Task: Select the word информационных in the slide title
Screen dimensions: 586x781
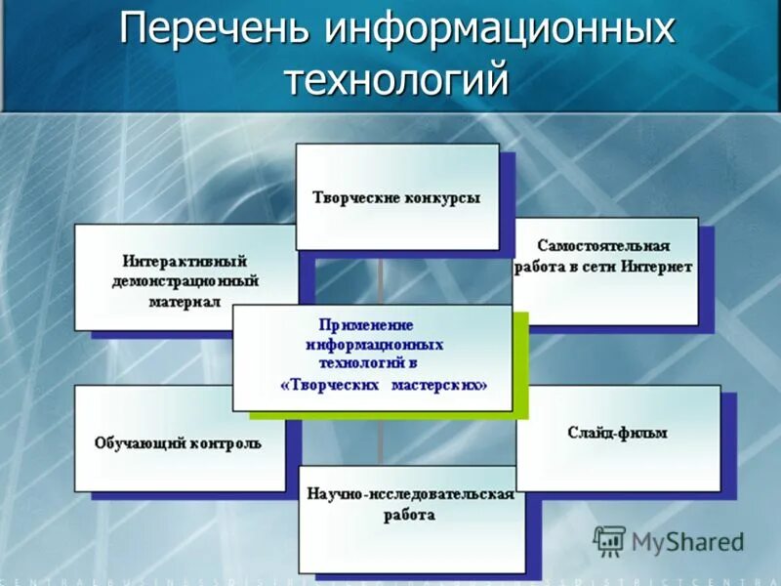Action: tap(499, 28)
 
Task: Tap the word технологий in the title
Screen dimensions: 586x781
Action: tap(396, 77)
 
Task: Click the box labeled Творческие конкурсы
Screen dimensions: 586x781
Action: tap(396, 197)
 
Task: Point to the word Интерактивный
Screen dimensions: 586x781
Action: tap(185, 262)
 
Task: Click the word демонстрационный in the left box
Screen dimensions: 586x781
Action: tap(185, 281)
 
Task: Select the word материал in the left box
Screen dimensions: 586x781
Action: tap(185, 302)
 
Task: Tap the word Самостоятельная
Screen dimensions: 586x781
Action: tap(603, 245)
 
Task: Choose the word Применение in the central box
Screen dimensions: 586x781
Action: tap(366, 324)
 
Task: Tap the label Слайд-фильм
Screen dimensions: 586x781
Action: tap(616, 432)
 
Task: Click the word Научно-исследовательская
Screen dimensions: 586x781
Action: tap(409, 494)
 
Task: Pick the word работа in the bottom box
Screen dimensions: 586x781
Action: tap(409, 515)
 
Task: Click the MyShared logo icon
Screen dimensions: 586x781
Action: tap(609, 541)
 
